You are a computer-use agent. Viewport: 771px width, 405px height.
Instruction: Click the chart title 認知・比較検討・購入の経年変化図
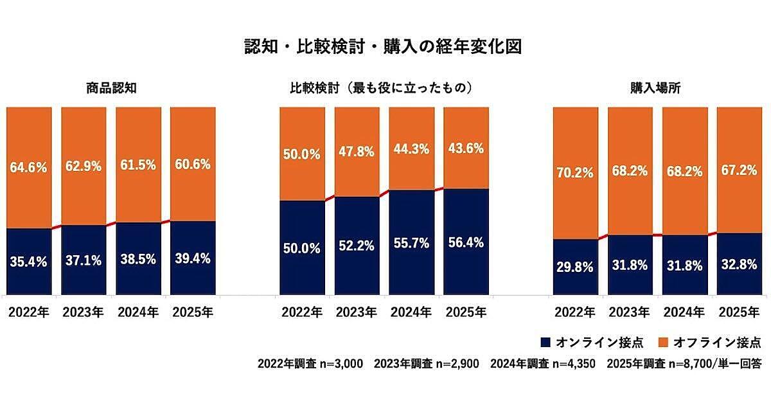pos(385,47)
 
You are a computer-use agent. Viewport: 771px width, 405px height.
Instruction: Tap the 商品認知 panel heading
pos(111,88)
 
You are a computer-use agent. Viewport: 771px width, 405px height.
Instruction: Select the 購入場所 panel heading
pos(659,88)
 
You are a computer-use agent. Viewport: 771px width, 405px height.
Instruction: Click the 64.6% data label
pos(29,166)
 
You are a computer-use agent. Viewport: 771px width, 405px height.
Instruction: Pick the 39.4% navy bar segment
pos(193,258)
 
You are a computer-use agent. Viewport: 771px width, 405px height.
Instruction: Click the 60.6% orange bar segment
pos(193,164)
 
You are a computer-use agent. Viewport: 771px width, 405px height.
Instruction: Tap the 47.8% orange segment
pos(357,152)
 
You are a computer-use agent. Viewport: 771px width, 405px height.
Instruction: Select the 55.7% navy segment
pos(412,242)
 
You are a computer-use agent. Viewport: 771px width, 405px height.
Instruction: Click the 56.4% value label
pos(466,242)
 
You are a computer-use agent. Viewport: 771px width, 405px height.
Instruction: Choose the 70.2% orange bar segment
pos(576,173)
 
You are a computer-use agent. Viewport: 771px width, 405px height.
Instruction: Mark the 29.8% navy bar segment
pos(576,267)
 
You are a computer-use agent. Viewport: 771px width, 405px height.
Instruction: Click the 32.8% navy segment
pos(740,264)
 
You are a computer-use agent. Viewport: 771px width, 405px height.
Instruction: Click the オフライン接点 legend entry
pos(709,341)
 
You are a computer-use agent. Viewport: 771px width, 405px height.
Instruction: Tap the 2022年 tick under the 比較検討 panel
pos(303,312)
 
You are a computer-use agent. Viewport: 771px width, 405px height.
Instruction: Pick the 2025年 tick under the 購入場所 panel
pos(740,312)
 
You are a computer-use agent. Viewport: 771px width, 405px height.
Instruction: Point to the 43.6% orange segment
pos(466,148)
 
